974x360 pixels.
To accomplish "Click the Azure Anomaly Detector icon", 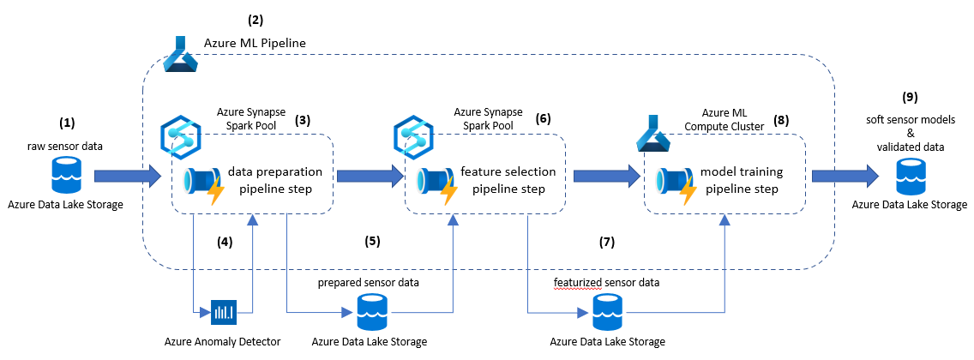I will [223, 312].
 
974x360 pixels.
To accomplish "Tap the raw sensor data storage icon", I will [64, 177].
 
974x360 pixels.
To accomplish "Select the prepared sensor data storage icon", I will [370, 312].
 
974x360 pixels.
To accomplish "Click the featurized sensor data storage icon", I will [608, 312].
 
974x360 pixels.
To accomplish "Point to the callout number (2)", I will [256, 18].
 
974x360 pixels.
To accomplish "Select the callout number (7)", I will [607, 242].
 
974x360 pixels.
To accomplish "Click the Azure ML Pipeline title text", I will [255, 42].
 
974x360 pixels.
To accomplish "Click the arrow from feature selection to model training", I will [605, 177].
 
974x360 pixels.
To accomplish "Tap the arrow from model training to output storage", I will [845, 177].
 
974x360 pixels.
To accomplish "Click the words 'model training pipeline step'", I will [738, 179].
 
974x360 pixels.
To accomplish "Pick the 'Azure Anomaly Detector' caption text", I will [224, 342].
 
